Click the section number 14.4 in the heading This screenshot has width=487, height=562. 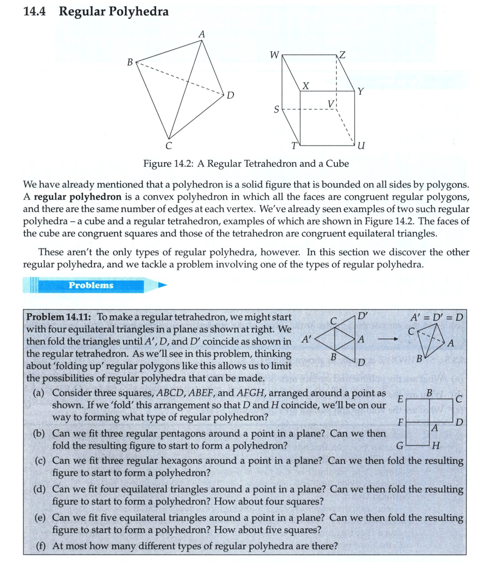[x=35, y=12]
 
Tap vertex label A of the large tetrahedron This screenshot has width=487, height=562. [x=202, y=34]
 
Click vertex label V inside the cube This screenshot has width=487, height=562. [x=331, y=104]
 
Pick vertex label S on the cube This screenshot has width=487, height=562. [x=276, y=109]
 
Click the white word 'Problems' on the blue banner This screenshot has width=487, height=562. [x=91, y=285]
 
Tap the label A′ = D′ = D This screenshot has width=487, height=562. [x=439, y=318]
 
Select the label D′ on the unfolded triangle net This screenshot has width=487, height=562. [x=363, y=315]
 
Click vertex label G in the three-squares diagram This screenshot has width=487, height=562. [x=399, y=447]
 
